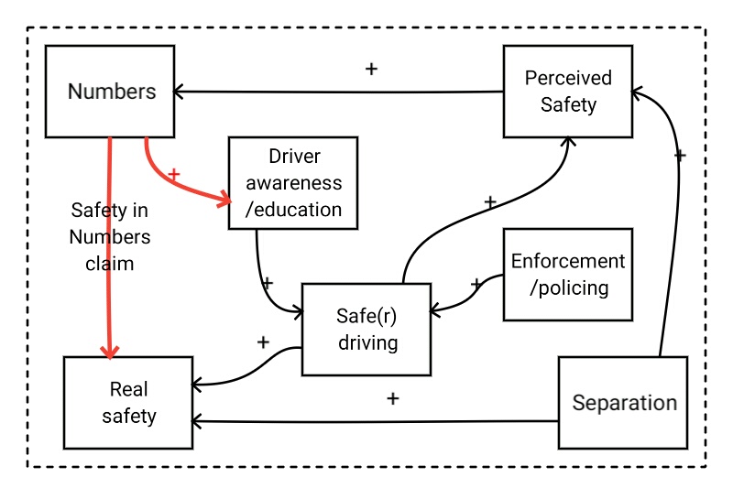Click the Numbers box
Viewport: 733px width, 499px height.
click(111, 92)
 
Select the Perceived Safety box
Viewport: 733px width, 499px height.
click(568, 91)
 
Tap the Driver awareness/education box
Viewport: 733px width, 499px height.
click(292, 183)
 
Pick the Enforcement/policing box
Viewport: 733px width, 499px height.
click(568, 274)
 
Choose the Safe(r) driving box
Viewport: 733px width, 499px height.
click(366, 330)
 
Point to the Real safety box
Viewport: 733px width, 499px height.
click(128, 403)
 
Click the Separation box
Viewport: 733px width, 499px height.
click(623, 403)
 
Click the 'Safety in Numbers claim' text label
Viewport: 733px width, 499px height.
click(110, 236)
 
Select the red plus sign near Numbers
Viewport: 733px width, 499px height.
click(175, 173)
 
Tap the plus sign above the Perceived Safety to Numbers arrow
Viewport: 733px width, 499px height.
click(371, 69)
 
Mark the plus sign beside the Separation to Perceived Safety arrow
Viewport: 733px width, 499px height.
click(680, 156)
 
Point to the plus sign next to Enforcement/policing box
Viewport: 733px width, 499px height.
click(476, 285)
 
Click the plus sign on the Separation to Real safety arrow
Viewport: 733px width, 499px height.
click(393, 399)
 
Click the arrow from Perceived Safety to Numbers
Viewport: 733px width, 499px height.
click(339, 91)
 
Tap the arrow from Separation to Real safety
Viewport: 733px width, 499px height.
click(376, 421)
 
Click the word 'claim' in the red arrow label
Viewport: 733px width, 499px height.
click(110, 264)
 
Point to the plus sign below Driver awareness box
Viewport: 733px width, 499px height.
click(268, 282)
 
